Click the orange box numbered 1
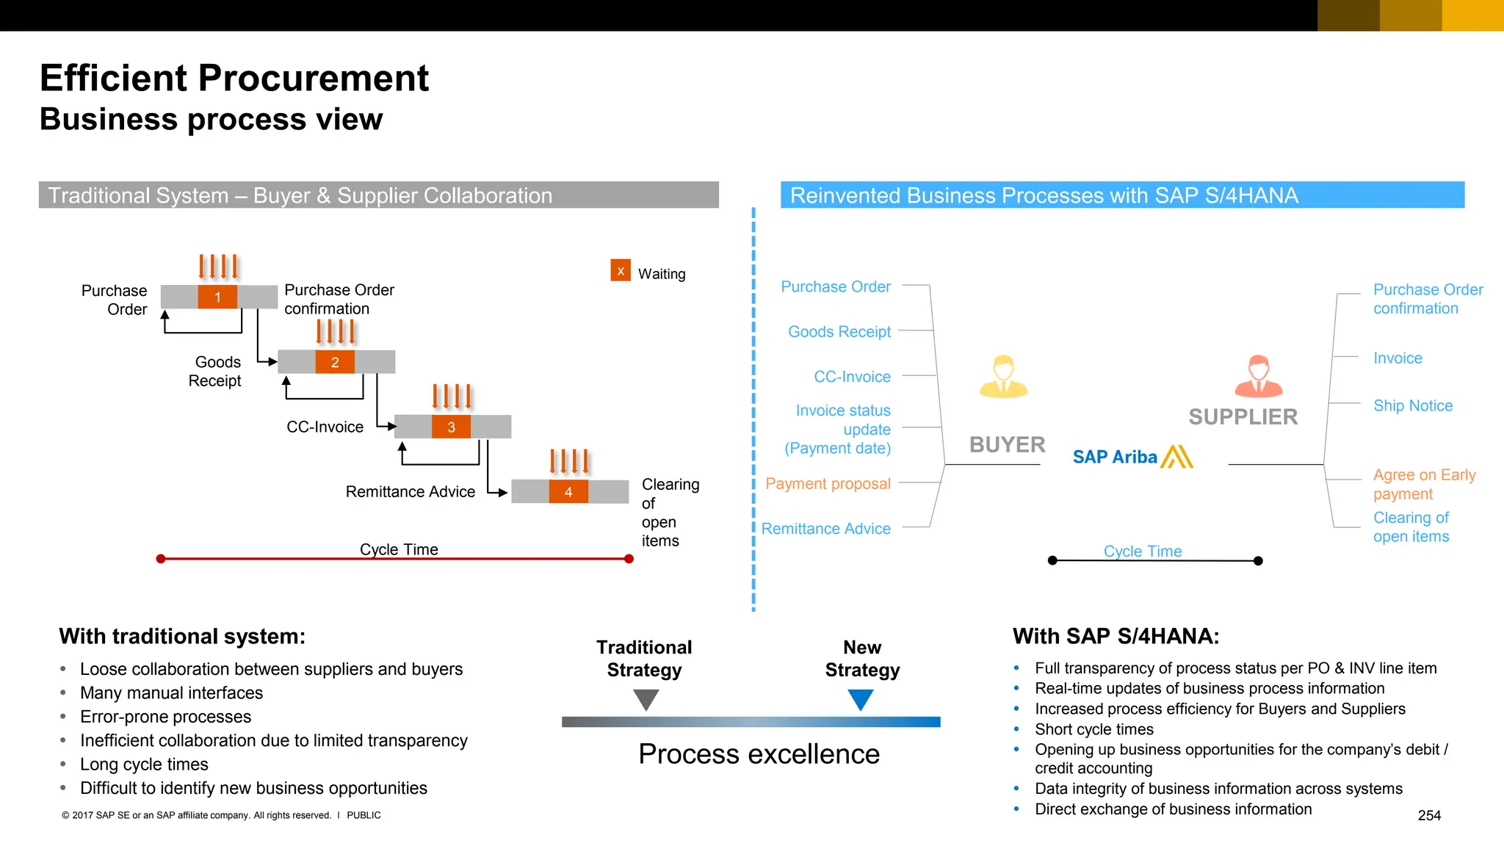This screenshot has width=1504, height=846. pos(217,297)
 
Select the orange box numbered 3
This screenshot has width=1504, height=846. pos(451,427)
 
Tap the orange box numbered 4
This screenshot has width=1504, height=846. pos(568,492)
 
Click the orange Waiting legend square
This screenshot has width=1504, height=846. pos(621,270)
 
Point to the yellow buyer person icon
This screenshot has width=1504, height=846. pos(1003,377)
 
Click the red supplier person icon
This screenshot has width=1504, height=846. pos(1258,377)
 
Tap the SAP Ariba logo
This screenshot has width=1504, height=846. pos(1132,457)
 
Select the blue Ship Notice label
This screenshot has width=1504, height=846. pos(1412,405)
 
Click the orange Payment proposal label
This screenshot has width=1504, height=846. pos(828,484)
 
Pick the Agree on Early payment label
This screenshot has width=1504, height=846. pos(1423,484)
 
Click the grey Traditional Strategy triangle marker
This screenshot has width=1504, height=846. pos(646,698)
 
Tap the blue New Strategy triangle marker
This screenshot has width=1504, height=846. pos(860,698)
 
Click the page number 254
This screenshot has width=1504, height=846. pos(1428,815)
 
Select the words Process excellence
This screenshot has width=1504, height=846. pos(759,754)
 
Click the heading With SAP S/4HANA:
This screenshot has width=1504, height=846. pos(1116,636)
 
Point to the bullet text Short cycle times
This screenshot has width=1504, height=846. pos(1093,729)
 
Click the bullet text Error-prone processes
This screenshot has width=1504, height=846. pos(165,717)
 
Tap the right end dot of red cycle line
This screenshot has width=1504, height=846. pos(629,559)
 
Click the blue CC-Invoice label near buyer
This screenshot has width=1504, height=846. pos(852,377)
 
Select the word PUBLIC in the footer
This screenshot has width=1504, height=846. pos(364,815)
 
